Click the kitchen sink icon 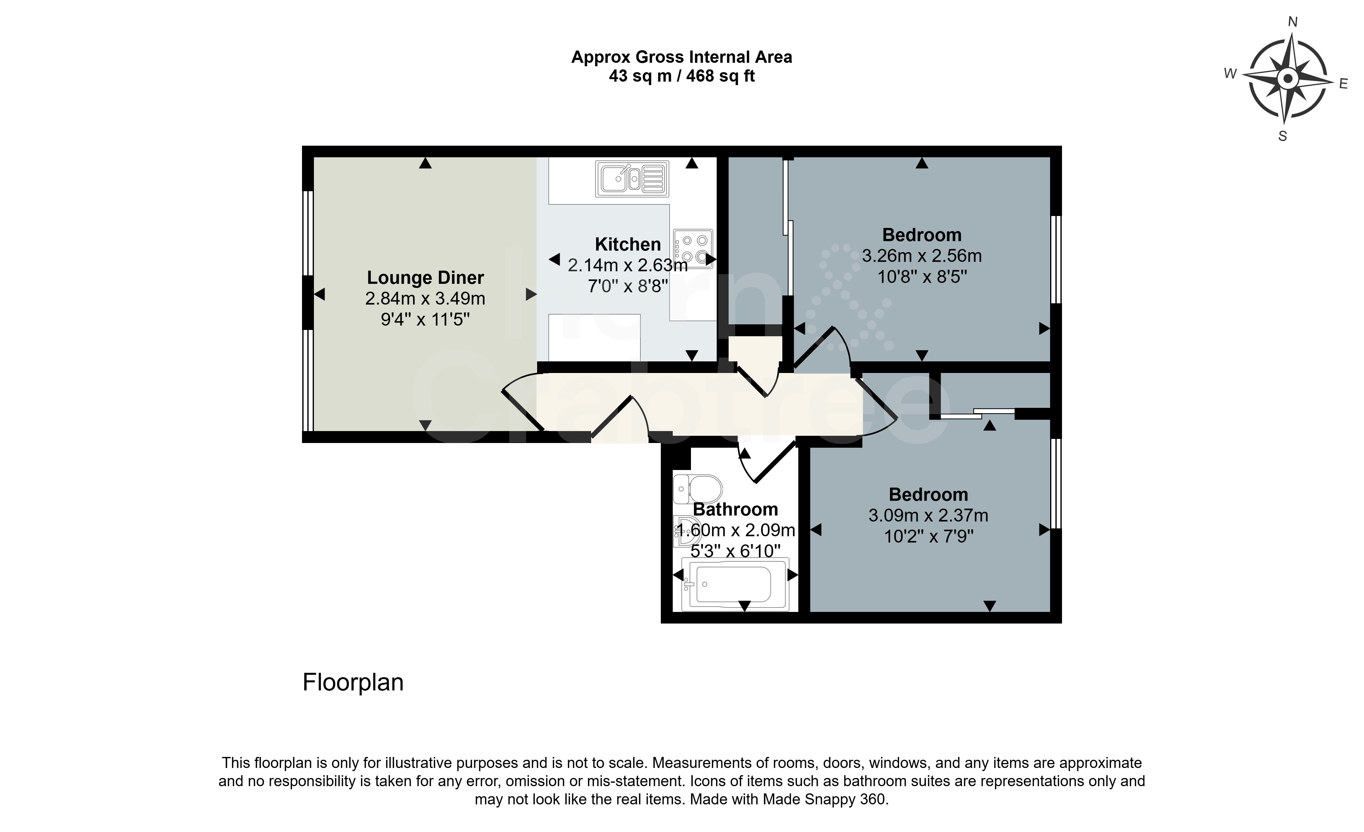pyautogui.click(x=632, y=179)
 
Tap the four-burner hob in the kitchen pyautogui.click(x=693, y=249)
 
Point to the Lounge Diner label pyautogui.click(x=425, y=277)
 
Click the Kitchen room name pyautogui.click(x=628, y=244)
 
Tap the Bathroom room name pyautogui.click(x=735, y=509)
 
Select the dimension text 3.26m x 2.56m pyautogui.click(x=922, y=256)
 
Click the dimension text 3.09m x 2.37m pyautogui.click(x=928, y=515)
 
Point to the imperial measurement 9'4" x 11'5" pyautogui.click(x=425, y=319)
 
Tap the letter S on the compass pyautogui.click(x=1283, y=136)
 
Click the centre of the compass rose pyautogui.click(x=1288, y=78)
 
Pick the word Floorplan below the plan pyautogui.click(x=353, y=683)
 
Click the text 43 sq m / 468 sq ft pyautogui.click(x=682, y=76)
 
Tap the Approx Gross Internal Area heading pyautogui.click(x=682, y=57)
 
